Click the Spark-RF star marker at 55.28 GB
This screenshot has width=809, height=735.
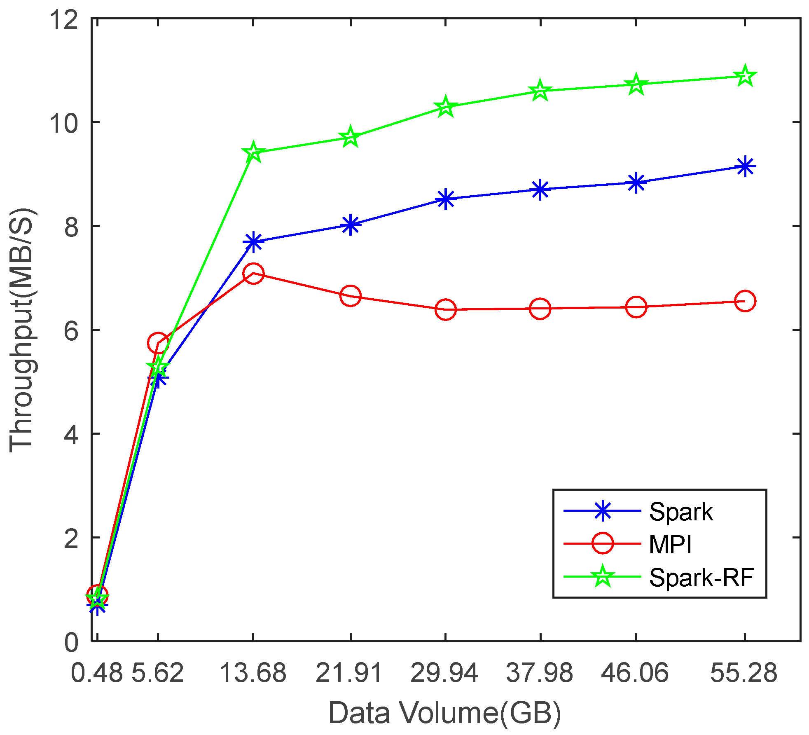[x=744, y=76]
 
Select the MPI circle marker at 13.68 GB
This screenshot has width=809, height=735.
[x=253, y=274]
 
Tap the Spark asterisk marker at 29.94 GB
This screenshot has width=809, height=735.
[x=445, y=199]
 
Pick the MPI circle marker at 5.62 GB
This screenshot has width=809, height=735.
[x=158, y=343]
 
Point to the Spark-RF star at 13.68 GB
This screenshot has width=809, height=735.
[x=253, y=152]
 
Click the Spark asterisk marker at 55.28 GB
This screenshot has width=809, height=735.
[x=744, y=166]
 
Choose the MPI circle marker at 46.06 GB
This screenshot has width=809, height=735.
[x=636, y=307]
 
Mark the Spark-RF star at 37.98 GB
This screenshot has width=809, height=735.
[x=540, y=91]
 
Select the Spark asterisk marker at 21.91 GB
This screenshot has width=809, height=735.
[x=350, y=225]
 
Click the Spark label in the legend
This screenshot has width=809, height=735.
[x=680, y=512]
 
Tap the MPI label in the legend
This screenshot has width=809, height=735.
[x=670, y=544]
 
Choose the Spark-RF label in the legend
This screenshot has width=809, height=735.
[x=701, y=577]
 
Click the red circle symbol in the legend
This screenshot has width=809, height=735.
[x=602, y=543]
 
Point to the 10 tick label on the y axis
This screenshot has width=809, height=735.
[x=64, y=122]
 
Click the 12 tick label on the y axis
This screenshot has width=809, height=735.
[x=64, y=19]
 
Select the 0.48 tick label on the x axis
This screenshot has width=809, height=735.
[x=96, y=673]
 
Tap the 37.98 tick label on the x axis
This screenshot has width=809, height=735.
[x=540, y=673]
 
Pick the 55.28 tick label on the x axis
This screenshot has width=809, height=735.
[x=744, y=673]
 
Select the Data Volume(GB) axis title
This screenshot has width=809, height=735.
[x=445, y=713]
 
